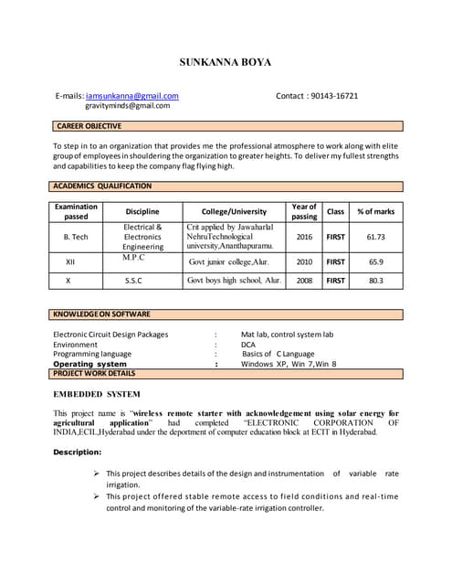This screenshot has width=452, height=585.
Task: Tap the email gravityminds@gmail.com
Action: pos(127,106)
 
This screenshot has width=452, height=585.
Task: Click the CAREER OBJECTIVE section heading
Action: pos(89,126)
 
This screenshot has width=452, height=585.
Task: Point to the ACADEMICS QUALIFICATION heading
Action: pos(103,186)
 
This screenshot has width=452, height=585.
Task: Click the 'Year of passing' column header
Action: pos(304,212)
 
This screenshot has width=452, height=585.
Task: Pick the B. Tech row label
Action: pos(76,237)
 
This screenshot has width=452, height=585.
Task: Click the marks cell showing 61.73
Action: pos(375,237)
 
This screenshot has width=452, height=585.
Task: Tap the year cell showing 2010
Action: pos(304,261)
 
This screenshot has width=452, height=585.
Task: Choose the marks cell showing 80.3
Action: pos(375,281)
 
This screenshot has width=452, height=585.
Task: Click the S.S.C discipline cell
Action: pos(142,281)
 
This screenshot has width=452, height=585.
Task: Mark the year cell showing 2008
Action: pos(304,281)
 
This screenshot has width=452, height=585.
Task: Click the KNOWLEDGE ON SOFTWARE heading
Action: pos(101,314)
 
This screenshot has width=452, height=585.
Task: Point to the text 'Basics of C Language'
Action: pos(278,354)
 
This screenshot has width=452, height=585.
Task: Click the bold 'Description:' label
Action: pos(82,452)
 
